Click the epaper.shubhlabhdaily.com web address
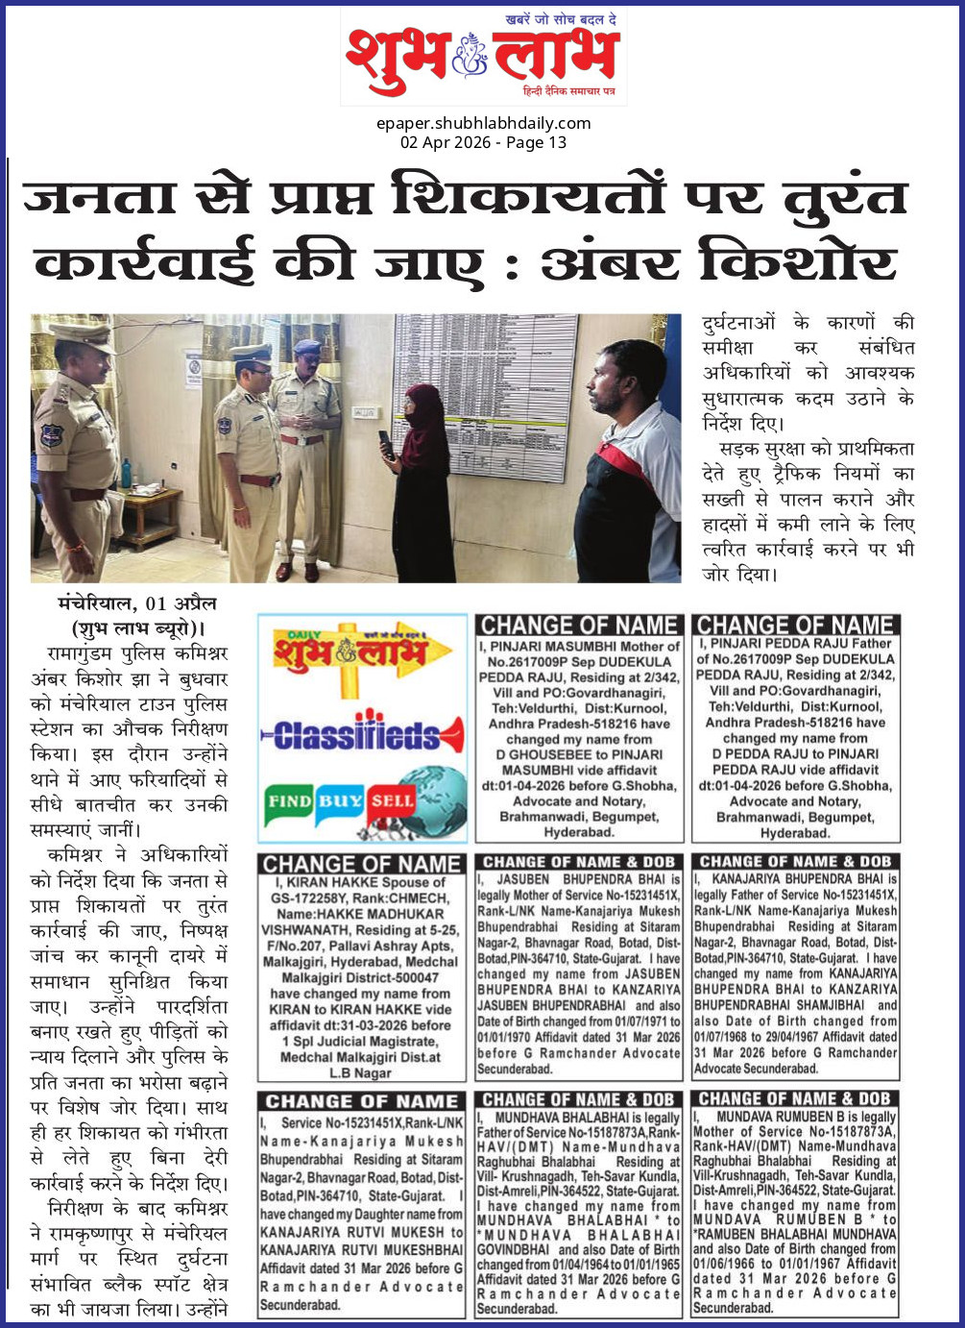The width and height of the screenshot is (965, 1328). [x=483, y=123]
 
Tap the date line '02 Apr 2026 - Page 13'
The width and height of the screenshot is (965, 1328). [x=483, y=142]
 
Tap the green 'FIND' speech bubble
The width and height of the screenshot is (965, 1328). [x=289, y=800]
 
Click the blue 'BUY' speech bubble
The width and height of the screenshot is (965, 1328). [x=340, y=799]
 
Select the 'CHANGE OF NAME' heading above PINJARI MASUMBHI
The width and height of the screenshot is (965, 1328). [x=579, y=626]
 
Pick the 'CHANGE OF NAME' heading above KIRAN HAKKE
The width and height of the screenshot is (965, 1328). [x=361, y=864]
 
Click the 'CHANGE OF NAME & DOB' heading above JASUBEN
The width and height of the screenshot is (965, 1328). [x=578, y=862]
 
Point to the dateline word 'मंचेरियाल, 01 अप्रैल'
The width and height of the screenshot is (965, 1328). [x=136, y=604]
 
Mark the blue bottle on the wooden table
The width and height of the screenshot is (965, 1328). [x=126, y=474]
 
